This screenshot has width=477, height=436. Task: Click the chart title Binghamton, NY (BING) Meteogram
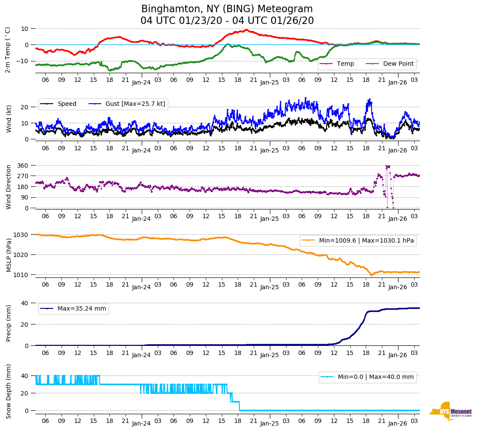point(227,9)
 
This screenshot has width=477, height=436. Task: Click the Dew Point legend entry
point(398,64)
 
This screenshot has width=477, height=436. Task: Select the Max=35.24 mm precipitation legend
point(82,309)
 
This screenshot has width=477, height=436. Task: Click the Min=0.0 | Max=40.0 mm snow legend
point(375,377)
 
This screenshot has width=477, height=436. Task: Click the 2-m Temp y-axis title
point(8,50)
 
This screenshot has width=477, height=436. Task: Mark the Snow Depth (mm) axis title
point(9,391)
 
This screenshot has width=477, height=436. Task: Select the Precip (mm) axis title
point(9,324)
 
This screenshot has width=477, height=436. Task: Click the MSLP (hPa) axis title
point(9,254)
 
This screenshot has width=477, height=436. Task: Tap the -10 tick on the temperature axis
point(22,61)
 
